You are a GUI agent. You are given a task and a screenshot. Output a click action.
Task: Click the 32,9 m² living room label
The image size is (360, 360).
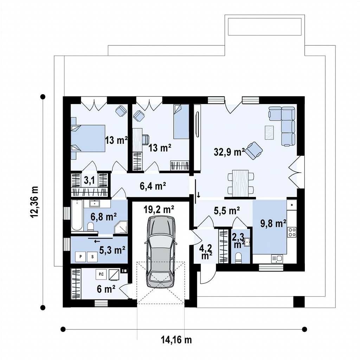click(229, 152)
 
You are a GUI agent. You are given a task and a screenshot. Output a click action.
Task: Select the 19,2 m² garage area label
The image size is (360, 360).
click(159, 209)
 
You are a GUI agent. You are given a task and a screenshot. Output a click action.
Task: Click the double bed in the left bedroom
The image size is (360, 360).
click(88, 139)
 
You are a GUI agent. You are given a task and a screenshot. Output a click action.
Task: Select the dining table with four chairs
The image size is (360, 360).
click(240, 183)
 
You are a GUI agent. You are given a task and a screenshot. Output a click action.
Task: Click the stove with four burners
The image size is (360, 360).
click(292, 232)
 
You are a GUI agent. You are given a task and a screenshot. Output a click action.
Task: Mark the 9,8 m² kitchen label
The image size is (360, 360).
click(273, 223)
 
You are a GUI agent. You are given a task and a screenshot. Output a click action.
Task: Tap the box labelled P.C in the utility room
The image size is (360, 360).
click(101, 274)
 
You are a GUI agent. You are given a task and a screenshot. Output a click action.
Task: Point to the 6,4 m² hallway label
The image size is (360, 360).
click(153, 186)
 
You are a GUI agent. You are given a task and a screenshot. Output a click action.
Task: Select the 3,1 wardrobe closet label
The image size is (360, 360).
click(89, 181)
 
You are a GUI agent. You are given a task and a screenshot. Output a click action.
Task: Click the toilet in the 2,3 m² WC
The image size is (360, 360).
click(239, 258)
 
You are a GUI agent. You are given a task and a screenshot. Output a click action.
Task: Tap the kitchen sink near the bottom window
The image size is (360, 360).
click(277, 259)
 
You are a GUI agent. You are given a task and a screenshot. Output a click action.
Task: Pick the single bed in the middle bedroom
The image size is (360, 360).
click(181, 122)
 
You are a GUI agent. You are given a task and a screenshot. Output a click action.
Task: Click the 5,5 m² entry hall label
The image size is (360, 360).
click(227, 210)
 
